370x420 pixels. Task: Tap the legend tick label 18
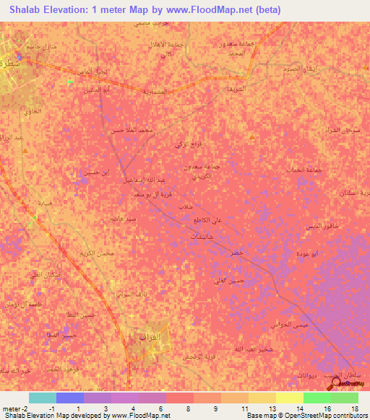[x=353, y=408]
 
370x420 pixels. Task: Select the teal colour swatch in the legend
[x=43, y=398]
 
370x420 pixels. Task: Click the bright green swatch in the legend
[x=317, y=398]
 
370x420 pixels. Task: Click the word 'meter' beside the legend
[x=11, y=408]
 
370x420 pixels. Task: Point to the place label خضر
[x=237, y=255]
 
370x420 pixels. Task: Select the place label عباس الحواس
[x=291, y=325]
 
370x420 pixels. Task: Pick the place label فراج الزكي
[x=188, y=145]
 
